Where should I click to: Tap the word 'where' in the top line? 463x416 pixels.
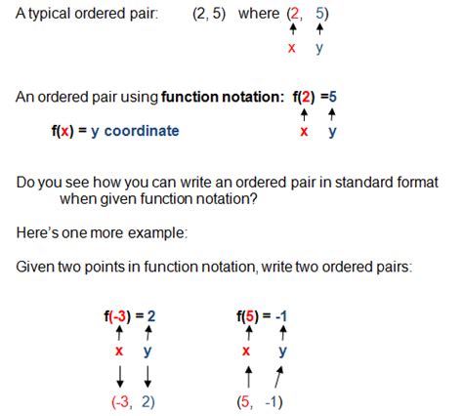coord(259,14)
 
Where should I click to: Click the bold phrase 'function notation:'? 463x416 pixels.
coord(223,97)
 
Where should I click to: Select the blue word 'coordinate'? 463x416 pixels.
coord(142,131)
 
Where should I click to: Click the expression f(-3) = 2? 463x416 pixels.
coord(130,316)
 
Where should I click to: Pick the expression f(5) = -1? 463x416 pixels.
coord(262,316)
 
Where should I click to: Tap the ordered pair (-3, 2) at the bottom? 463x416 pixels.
coord(133,401)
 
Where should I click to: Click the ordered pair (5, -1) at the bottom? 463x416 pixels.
coord(260,401)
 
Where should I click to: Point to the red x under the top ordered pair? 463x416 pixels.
coord(292,48)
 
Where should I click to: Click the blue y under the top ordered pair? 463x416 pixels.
coord(319,49)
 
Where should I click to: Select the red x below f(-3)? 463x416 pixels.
coord(119,351)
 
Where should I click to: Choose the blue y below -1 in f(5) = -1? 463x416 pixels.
coord(282,352)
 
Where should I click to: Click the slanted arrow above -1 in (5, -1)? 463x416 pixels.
coord(278,377)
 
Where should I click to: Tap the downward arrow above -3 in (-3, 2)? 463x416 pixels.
coord(120,377)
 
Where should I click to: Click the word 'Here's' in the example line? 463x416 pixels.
coord(37,232)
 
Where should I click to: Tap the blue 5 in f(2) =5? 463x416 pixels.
coord(333,97)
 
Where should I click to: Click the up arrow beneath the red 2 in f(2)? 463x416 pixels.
coord(304,114)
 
